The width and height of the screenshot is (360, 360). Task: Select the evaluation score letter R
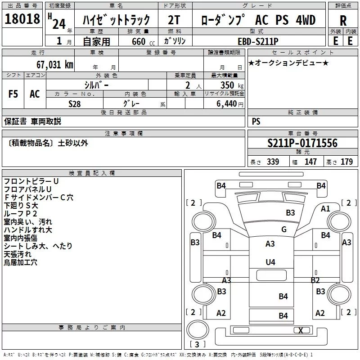click(x=343, y=21)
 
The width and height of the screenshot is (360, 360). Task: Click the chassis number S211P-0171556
click(x=302, y=144)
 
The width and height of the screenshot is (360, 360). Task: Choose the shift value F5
click(x=13, y=94)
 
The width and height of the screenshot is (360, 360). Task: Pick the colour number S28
click(x=75, y=103)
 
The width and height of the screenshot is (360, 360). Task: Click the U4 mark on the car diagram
click(x=270, y=262)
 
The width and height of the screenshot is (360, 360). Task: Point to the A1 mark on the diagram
click(x=325, y=208)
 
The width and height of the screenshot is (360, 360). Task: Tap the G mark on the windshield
click(x=284, y=229)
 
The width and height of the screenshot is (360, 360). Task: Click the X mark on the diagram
click(x=301, y=330)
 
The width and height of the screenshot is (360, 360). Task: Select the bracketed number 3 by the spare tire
click(x=197, y=345)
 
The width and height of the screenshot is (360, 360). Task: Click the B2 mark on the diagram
click(x=315, y=280)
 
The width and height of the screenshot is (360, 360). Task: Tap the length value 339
click(x=272, y=162)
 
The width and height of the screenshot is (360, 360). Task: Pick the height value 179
click(x=346, y=162)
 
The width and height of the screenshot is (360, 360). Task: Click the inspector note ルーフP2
click(x=20, y=213)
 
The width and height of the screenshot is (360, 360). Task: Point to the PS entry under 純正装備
click(x=256, y=121)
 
